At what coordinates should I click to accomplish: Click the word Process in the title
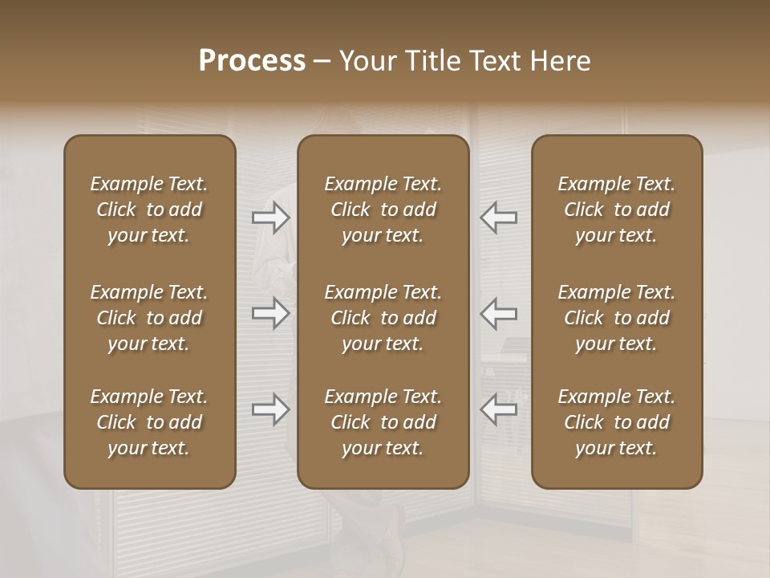point(252,61)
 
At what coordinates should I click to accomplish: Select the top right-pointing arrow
point(271,218)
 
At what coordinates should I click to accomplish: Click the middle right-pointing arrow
point(271,313)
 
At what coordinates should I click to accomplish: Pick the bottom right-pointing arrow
point(271,409)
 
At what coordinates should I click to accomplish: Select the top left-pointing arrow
point(499,218)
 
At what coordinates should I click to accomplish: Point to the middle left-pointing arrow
point(499,313)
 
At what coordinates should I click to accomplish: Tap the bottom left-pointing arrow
point(499,409)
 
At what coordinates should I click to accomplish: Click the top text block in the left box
point(149,210)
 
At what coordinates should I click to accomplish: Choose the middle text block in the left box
point(149,318)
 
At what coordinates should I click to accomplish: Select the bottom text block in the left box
point(149,422)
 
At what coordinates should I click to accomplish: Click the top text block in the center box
point(383,210)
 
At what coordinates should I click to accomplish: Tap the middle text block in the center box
point(383,318)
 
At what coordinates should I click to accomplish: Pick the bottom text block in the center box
point(383,422)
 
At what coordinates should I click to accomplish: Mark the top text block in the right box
point(617,210)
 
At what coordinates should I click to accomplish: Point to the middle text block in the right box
point(617,318)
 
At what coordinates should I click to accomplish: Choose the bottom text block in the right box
point(617,422)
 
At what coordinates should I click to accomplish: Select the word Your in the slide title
point(366,61)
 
